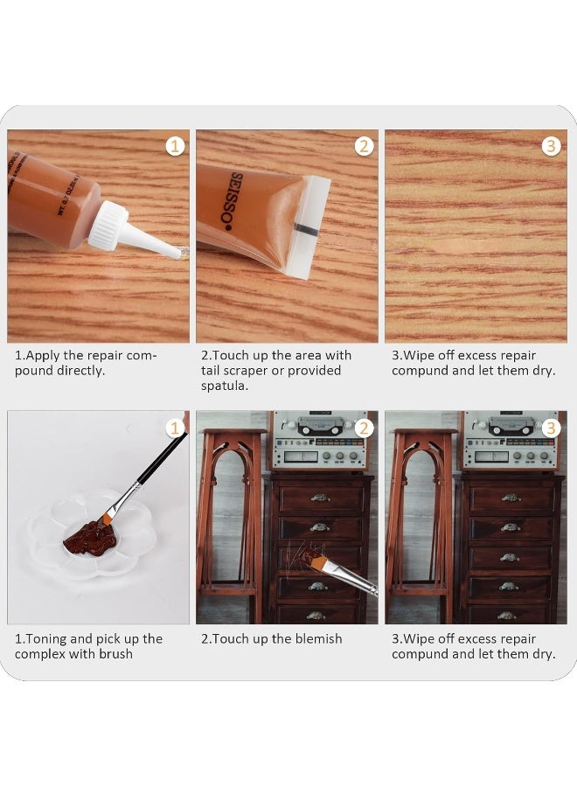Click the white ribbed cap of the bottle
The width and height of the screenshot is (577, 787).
point(108,226)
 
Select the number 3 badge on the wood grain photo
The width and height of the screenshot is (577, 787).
point(551,146)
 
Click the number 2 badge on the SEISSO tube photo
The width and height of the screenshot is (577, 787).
point(364,146)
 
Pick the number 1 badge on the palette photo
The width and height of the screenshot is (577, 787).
point(176,428)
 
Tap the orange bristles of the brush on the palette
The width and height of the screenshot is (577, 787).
point(108,519)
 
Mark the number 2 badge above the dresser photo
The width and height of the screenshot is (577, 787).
point(364,428)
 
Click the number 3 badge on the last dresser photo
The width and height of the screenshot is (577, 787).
point(551,428)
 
